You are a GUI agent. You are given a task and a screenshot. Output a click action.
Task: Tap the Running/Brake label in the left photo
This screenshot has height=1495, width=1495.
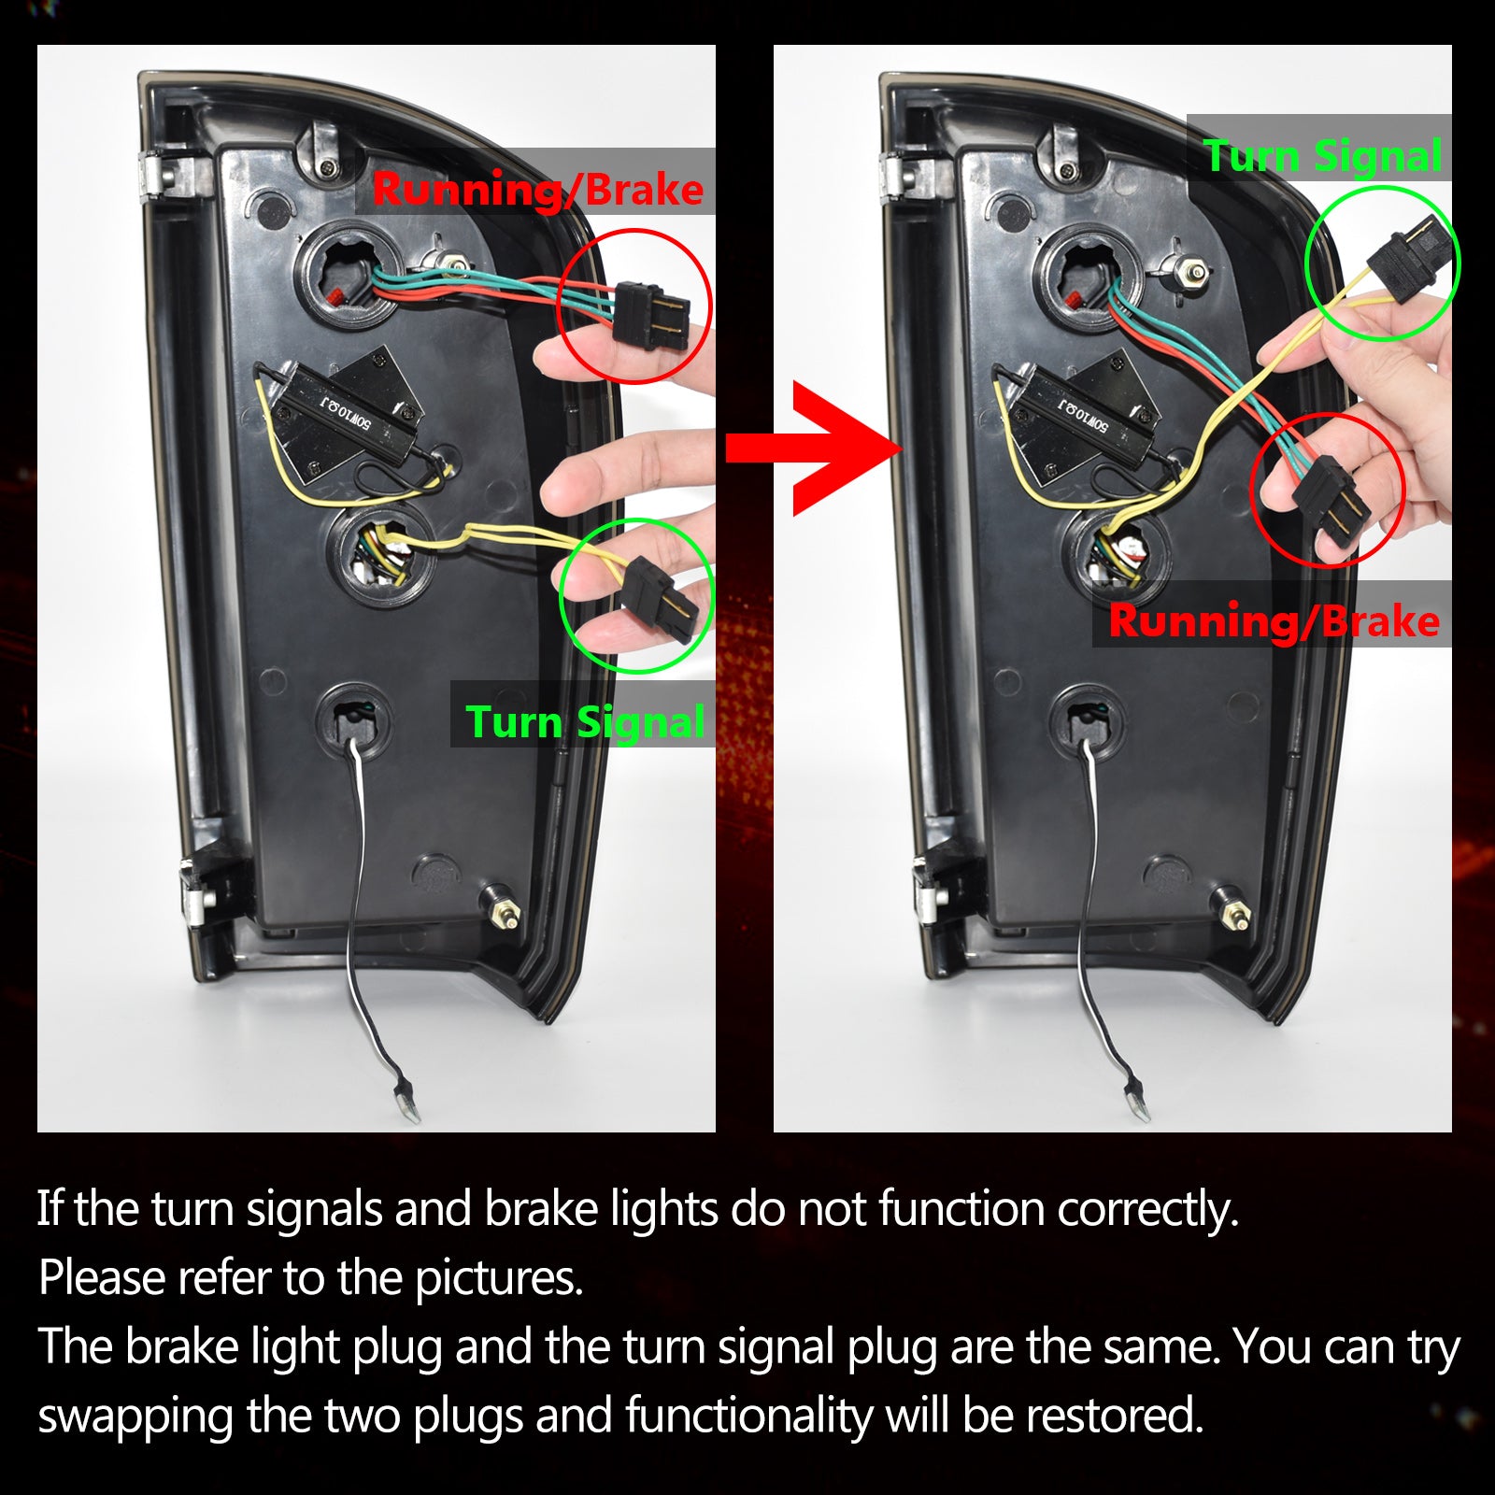click(537, 191)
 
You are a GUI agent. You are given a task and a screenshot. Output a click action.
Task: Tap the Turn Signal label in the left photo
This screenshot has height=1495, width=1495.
click(585, 722)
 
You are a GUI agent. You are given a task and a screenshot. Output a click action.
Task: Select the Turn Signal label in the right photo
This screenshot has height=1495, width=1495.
click(1323, 155)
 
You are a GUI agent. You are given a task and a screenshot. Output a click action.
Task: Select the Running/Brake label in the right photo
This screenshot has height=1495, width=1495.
click(1274, 621)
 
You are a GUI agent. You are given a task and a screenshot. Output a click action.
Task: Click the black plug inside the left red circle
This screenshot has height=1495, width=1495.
click(651, 314)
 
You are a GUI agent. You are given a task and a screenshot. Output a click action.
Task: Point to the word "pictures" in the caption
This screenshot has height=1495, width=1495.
click(499, 1278)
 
